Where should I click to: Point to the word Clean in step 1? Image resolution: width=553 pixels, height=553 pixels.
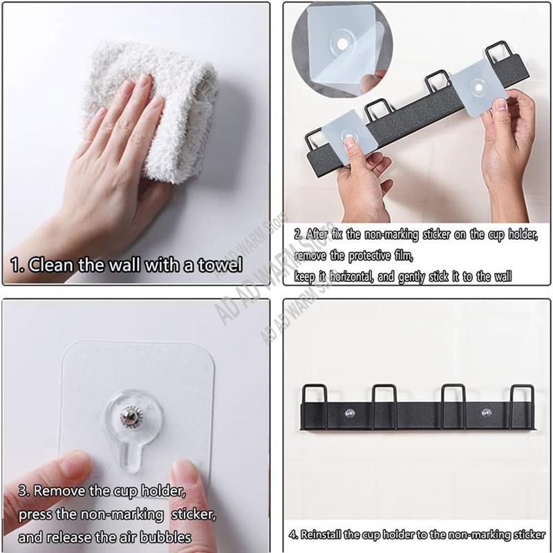coord(53,265)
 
